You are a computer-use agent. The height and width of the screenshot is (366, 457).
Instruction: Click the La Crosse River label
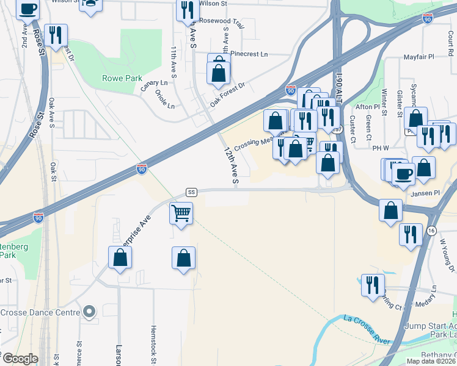(366, 325)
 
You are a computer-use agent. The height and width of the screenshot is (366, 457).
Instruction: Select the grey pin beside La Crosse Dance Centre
(89, 312)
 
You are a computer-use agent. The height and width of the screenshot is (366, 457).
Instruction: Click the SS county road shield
(191, 192)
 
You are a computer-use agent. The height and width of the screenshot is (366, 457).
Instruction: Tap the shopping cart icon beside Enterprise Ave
(181, 214)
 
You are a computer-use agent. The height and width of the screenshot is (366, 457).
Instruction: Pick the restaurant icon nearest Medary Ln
(372, 284)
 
